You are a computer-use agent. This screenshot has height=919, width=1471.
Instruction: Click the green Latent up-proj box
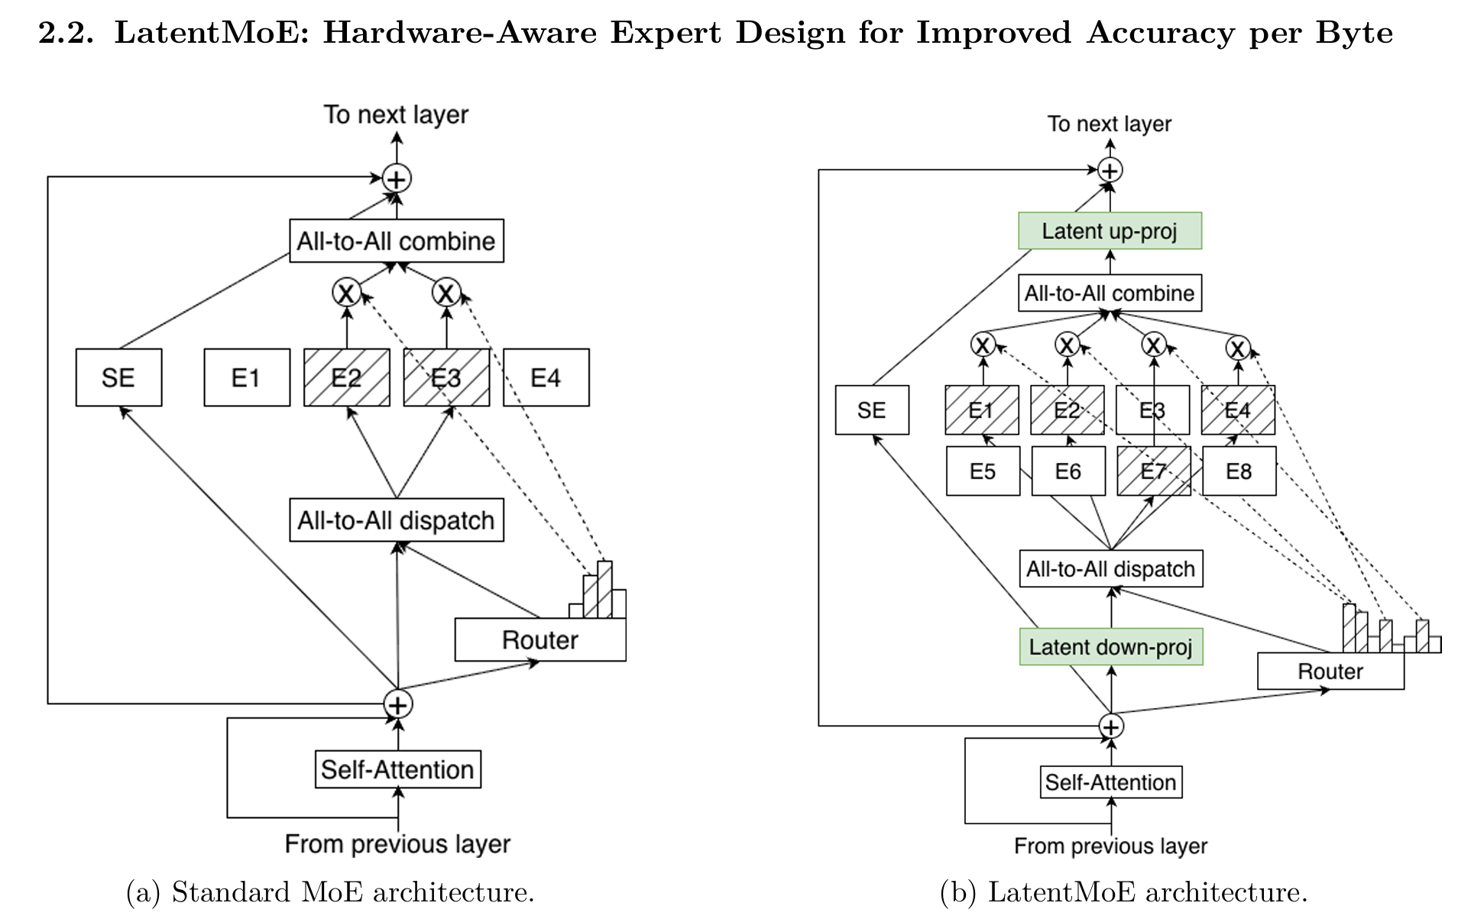[1110, 231]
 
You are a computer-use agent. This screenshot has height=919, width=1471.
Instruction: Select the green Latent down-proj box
[1110, 647]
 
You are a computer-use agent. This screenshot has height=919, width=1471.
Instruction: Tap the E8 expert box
[1239, 471]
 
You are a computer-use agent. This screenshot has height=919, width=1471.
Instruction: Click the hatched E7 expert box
[1153, 471]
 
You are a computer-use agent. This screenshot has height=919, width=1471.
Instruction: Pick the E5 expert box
[983, 471]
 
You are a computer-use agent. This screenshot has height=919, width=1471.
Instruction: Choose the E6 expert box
[1068, 471]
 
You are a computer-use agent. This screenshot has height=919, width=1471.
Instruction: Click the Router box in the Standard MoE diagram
[539, 640]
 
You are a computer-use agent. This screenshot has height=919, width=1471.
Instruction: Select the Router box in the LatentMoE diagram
[1330, 671]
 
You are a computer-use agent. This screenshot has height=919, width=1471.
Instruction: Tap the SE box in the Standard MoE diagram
[118, 377]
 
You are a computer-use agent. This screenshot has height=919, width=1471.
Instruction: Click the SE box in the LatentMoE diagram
[872, 410]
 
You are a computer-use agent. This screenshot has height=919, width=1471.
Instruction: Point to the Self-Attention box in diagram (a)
[397, 769]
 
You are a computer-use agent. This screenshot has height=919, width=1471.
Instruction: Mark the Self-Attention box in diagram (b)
[1110, 782]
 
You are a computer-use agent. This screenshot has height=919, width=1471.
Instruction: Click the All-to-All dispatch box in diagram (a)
[396, 520]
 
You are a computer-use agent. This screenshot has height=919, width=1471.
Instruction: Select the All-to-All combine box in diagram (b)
[1110, 293]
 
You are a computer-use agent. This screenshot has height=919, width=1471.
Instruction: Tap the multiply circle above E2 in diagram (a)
[347, 292]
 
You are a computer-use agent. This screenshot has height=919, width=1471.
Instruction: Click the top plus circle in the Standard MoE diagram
[397, 179]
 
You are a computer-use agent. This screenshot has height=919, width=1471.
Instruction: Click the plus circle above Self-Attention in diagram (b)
[1111, 726]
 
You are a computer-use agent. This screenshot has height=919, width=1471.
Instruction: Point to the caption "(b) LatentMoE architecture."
[1123, 892]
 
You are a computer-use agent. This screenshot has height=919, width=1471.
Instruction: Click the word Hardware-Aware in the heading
[459, 33]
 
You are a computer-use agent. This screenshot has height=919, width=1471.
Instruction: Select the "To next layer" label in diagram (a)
[396, 115]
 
